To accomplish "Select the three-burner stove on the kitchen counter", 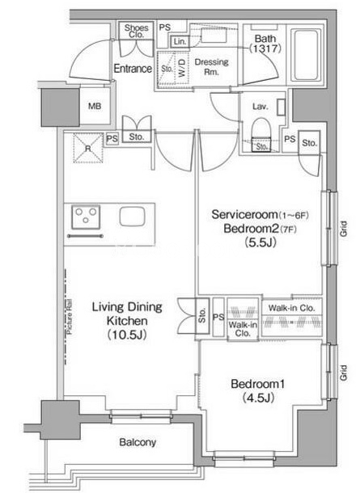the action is coord(86,217).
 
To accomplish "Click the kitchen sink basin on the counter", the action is coord(132,217).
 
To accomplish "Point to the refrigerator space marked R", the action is coord(88,148).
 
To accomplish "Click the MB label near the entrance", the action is coord(95,106).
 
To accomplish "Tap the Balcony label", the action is coord(138,442).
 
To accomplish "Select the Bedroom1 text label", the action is coord(258,384).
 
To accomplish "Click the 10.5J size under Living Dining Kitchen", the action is coord(127,335).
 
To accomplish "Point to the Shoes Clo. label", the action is coord(136,31).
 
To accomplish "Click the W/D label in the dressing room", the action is coord(182,69).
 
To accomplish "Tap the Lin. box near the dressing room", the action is coord(180,41).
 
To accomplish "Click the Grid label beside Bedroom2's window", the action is coord(343,229).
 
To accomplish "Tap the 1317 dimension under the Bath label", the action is coord(265,48).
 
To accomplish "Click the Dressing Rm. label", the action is coord(211,66).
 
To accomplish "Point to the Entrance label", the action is coord(133,68).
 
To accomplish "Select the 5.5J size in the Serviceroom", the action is coord(260,242).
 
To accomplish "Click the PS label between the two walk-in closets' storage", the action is coord(218,317).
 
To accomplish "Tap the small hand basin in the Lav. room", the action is coord(281,107).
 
